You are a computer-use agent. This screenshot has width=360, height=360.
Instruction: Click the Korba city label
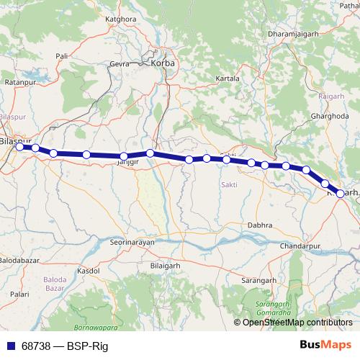(163, 63)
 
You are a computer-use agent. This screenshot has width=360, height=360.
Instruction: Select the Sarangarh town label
(259, 278)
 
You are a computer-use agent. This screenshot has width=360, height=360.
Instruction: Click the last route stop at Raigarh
(341, 193)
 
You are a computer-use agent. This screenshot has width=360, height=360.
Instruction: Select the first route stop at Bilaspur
(20, 147)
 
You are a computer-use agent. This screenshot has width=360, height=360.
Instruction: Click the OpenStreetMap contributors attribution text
(297, 323)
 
